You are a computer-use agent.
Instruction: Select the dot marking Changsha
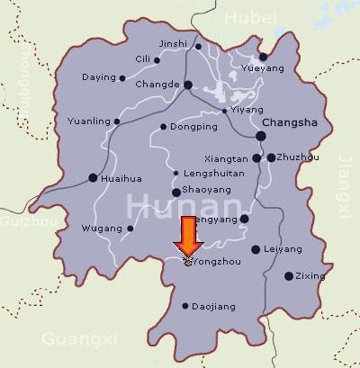pos(260,136)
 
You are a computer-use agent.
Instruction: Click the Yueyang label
pos(264,68)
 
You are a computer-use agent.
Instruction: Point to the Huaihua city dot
pos(93,178)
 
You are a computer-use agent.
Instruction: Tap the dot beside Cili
pos(157,61)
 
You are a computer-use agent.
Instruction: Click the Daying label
pos(98,78)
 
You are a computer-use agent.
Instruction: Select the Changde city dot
pos(188,85)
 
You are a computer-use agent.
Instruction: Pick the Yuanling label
pos(88,121)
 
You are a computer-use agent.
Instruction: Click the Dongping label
pos(193,127)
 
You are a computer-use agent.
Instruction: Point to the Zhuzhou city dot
pos(271,157)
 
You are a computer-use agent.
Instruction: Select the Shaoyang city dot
pos(175,192)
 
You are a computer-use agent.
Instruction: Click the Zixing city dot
pos(288,276)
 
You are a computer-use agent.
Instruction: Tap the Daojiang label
pos(214,307)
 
